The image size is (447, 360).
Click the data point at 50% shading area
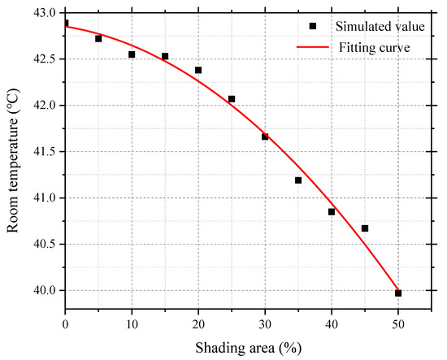398,293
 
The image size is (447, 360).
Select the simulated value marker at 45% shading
365,228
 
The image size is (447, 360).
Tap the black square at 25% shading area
232,99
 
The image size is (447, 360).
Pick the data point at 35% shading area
298,180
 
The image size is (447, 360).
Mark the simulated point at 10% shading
132,54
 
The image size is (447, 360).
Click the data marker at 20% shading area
198,70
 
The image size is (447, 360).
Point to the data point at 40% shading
332,211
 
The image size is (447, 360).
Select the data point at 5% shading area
98,38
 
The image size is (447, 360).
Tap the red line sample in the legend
313,47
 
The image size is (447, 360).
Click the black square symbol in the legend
313,26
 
